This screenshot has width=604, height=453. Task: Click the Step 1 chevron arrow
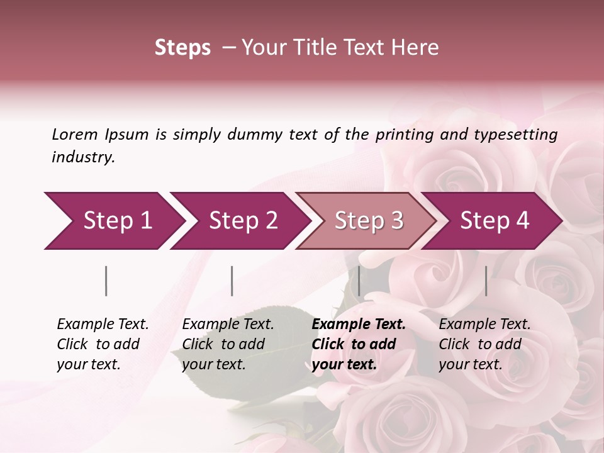(x=113, y=221)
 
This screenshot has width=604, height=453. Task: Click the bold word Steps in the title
(x=182, y=48)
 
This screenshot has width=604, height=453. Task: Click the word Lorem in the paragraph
(x=74, y=134)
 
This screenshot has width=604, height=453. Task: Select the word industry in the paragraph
(x=83, y=157)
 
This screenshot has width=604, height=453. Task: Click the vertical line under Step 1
(x=106, y=281)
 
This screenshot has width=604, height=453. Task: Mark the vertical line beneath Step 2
(x=232, y=281)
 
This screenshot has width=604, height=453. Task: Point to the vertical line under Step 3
(x=359, y=281)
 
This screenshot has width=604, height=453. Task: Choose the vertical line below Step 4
(x=486, y=281)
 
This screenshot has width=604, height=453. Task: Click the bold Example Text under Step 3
(x=359, y=324)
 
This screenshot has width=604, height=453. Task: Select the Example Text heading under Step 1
(x=103, y=324)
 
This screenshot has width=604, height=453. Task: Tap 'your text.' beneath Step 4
(x=470, y=364)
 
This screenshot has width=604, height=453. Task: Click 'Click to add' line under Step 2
(x=223, y=344)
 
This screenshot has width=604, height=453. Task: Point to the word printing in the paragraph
(x=401, y=134)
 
